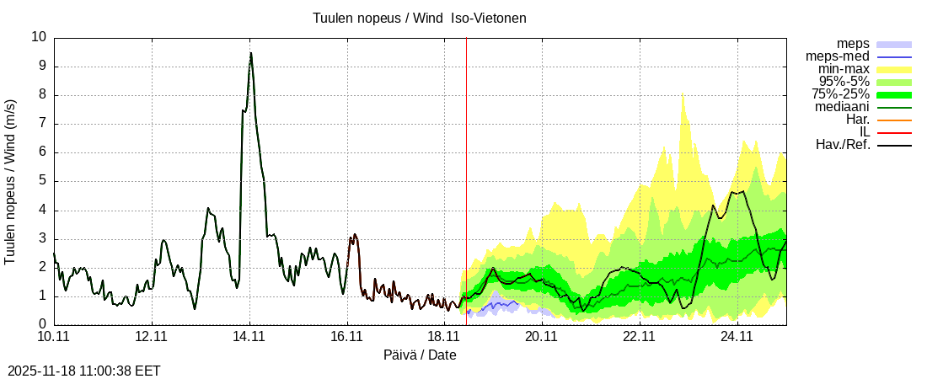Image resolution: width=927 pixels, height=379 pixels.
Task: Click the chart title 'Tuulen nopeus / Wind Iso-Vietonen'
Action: pyautogui.click(x=419, y=18)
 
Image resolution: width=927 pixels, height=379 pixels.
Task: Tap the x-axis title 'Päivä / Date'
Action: pyautogui.click(x=420, y=355)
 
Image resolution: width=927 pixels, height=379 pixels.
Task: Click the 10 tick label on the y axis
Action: pyautogui.click(x=39, y=37)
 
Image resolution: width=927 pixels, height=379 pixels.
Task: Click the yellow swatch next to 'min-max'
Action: pyautogui.click(x=894, y=69)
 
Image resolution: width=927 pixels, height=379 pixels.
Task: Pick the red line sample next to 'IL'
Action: pyautogui.click(x=894, y=132)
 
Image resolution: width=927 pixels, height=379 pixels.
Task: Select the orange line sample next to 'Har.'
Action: pyautogui.click(x=894, y=120)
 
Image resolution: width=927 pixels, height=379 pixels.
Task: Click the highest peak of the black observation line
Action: pyautogui.click(x=250, y=54)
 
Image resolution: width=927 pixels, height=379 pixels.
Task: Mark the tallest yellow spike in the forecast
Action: pyautogui.click(x=683, y=92)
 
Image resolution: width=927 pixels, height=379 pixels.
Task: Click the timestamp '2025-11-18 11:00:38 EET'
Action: pyautogui.click(x=83, y=370)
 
